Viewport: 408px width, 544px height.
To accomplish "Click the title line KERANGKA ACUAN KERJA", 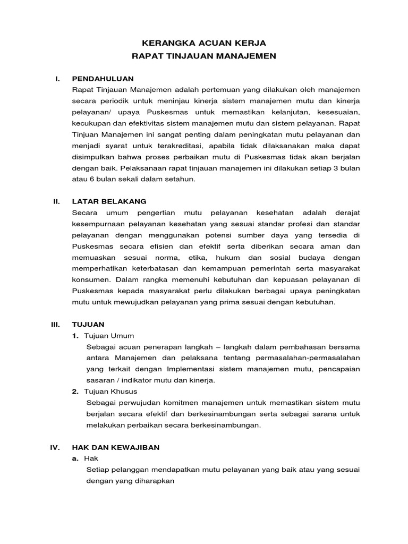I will [205, 42].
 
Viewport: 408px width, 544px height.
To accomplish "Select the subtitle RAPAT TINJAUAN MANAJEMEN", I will [205, 55].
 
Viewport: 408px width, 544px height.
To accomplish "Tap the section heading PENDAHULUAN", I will [103, 79].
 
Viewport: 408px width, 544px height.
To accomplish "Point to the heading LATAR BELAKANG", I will [109, 201].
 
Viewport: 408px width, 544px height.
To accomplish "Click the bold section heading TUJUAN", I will [88, 324].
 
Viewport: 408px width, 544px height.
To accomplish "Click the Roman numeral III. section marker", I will [56, 324].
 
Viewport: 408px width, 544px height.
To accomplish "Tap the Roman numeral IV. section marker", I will [55, 447].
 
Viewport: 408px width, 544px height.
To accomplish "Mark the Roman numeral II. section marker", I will [56, 201].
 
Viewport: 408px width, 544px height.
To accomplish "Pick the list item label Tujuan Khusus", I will [110, 392].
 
